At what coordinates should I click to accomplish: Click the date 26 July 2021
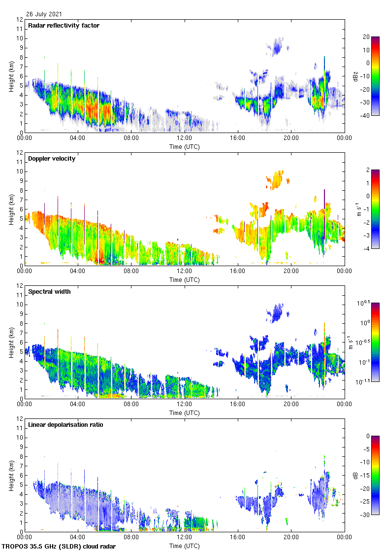tap(44, 14)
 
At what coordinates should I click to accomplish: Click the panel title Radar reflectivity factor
tap(64, 26)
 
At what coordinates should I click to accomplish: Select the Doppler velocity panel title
tap(52, 159)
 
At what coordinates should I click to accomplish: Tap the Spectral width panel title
tap(49, 292)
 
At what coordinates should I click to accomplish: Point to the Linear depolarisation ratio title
tap(65, 425)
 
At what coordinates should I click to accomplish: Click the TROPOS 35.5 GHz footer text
tap(59, 547)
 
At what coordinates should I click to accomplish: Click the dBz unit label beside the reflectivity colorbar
tap(355, 76)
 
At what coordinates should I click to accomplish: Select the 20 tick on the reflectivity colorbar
tap(366, 37)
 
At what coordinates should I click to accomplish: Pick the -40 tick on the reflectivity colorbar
tap(366, 116)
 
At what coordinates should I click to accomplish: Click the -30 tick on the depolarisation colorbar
tap(366, 515)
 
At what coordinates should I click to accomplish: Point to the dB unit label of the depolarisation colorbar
tap(355, 475)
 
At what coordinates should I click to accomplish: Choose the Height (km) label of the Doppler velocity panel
tap(11, 209)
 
